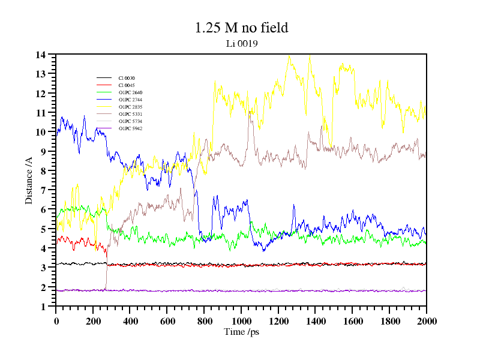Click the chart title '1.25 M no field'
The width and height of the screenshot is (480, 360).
click(241, 28)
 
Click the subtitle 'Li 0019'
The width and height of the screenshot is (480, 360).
click(241, 43)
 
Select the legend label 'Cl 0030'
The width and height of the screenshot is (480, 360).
click(127, 78)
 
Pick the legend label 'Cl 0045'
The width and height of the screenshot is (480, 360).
click(127, 85)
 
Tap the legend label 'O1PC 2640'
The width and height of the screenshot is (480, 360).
click(130, 92)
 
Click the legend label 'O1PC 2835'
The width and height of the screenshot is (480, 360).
click(130, 107)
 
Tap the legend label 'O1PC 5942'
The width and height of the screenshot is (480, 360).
click(130, 128)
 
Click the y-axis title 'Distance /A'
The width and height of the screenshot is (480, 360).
click(29, 180)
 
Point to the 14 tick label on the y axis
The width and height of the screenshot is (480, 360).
click(41, 55)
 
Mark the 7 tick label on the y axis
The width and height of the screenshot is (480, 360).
click(44, 190)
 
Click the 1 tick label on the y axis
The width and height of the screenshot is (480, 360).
click(44, 307)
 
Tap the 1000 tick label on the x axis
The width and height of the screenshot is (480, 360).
click(241, 320)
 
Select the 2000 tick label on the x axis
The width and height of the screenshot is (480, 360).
click(426, 320)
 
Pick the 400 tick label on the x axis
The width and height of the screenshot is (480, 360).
click(130, 320)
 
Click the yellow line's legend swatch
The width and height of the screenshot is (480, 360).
click(104, 107)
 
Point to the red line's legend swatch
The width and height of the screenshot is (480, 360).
click(104, 85)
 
